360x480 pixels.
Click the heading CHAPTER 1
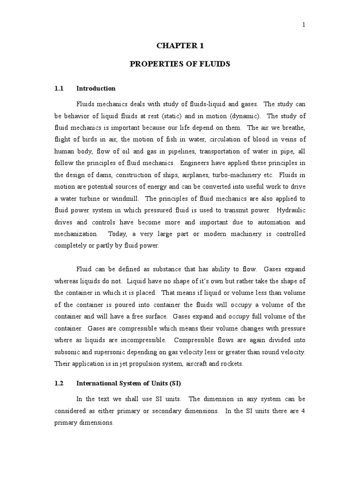(x=180, y=46)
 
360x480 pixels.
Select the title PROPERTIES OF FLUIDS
(x=180, y=64)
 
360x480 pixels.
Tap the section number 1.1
(x=59, y=89)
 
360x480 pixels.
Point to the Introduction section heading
(x=96, y=89)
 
